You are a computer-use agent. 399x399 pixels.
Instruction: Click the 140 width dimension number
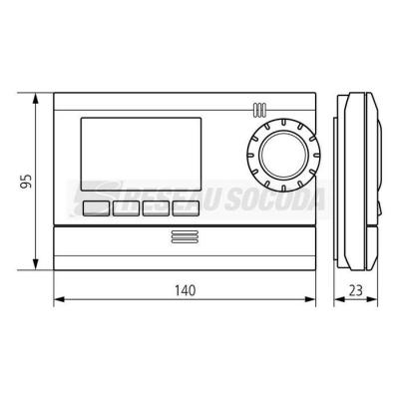pos(186,290)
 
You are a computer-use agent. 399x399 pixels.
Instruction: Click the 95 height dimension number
pos(26,182)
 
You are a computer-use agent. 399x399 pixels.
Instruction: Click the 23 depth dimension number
pos(356,290)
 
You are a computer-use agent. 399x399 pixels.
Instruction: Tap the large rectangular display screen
pos(141,154)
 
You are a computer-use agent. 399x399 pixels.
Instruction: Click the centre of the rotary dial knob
pos(283,155)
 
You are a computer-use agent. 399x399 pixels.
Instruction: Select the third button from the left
pos(156,208)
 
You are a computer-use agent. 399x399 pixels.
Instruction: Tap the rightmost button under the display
pos(186,208)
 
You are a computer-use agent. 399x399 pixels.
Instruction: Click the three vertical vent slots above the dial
pos(259,110)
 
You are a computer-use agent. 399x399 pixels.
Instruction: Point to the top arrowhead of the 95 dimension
pos(35,98)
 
